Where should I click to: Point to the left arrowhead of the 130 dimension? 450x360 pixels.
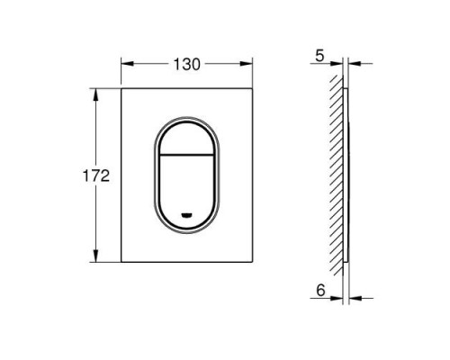coord(125,64)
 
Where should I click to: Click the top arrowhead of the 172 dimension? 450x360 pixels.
coord(95,93)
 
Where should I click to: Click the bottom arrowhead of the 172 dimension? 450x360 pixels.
coord(95,259)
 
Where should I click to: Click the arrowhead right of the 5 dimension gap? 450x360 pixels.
coord(353,64)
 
